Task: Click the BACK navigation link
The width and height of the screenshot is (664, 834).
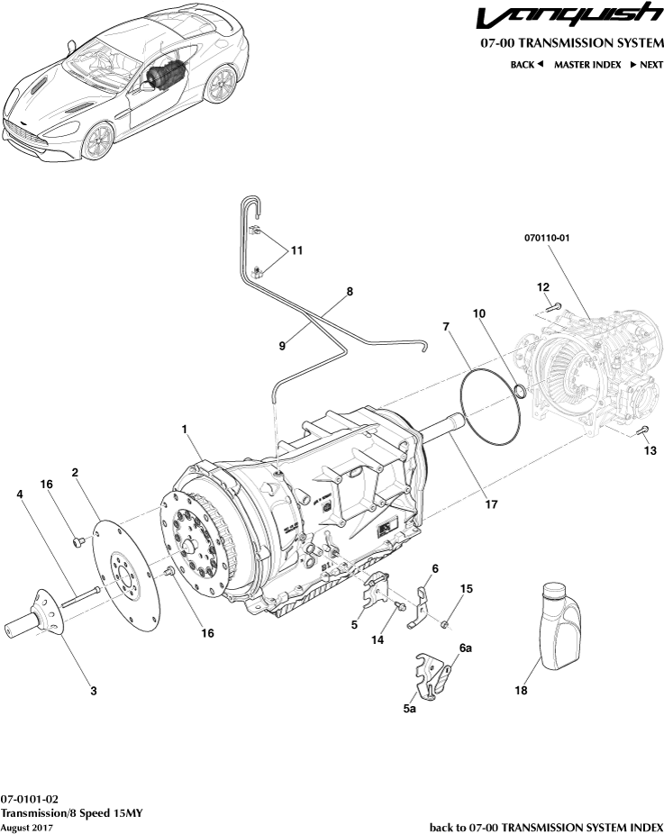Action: point(527,65)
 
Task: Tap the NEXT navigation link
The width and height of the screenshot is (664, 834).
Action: point(646,65)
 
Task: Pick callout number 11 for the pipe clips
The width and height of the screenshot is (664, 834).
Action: point(296,249)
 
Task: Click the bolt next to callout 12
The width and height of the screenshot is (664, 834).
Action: point(553,306)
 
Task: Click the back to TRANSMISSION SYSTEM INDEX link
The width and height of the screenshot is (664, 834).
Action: point(546,827)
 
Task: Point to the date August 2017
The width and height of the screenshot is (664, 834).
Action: point(26,827)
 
